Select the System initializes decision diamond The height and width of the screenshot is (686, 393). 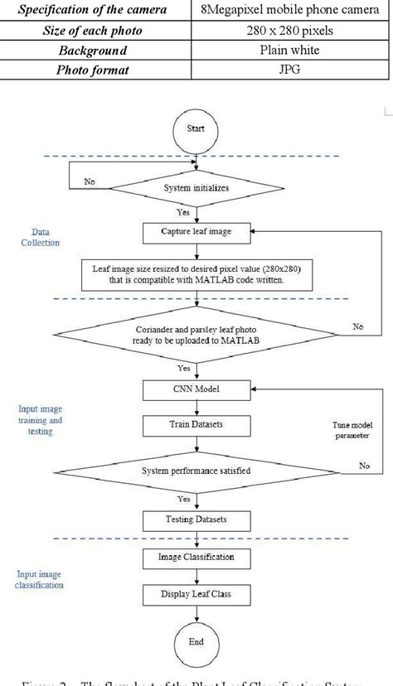point(196,187)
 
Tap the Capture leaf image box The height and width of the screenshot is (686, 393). point(196,232)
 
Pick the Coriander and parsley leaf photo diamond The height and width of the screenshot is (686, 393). point(196,335)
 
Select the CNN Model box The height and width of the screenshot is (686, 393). point(196,387)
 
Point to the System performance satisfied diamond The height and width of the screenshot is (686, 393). point(196,471)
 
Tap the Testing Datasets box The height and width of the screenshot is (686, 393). point(196,520)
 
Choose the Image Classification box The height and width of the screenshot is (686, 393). point(196,557)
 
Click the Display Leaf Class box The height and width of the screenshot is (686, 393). point(196,594)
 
